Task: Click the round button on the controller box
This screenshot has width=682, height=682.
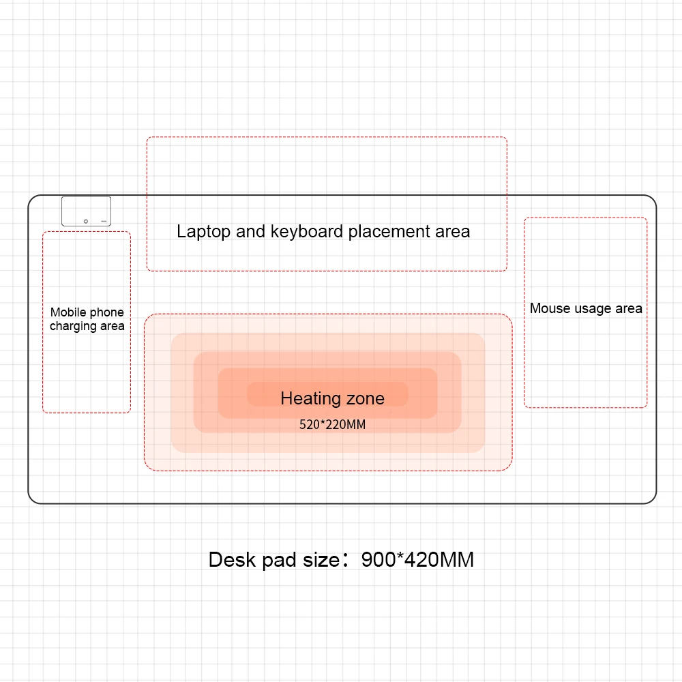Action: [85, 221]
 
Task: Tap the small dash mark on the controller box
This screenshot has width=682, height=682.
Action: [104, 221]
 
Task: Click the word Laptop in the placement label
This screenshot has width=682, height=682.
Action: [203, 232]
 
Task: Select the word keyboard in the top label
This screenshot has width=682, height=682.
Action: [307, 232]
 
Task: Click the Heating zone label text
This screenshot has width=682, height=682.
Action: [332, 398]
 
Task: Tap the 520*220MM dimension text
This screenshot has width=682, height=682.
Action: [332, 425]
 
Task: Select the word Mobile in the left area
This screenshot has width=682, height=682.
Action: [68, 312]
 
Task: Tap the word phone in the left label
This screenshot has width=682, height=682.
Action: [107, 312]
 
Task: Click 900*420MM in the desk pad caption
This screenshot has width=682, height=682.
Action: [417, 560]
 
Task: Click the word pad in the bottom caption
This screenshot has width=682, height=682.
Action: [276, 561]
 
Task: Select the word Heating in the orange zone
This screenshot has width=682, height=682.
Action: [310, 398]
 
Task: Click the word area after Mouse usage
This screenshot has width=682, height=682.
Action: [629, 309]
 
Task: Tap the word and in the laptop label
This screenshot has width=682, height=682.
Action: [251, 232]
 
